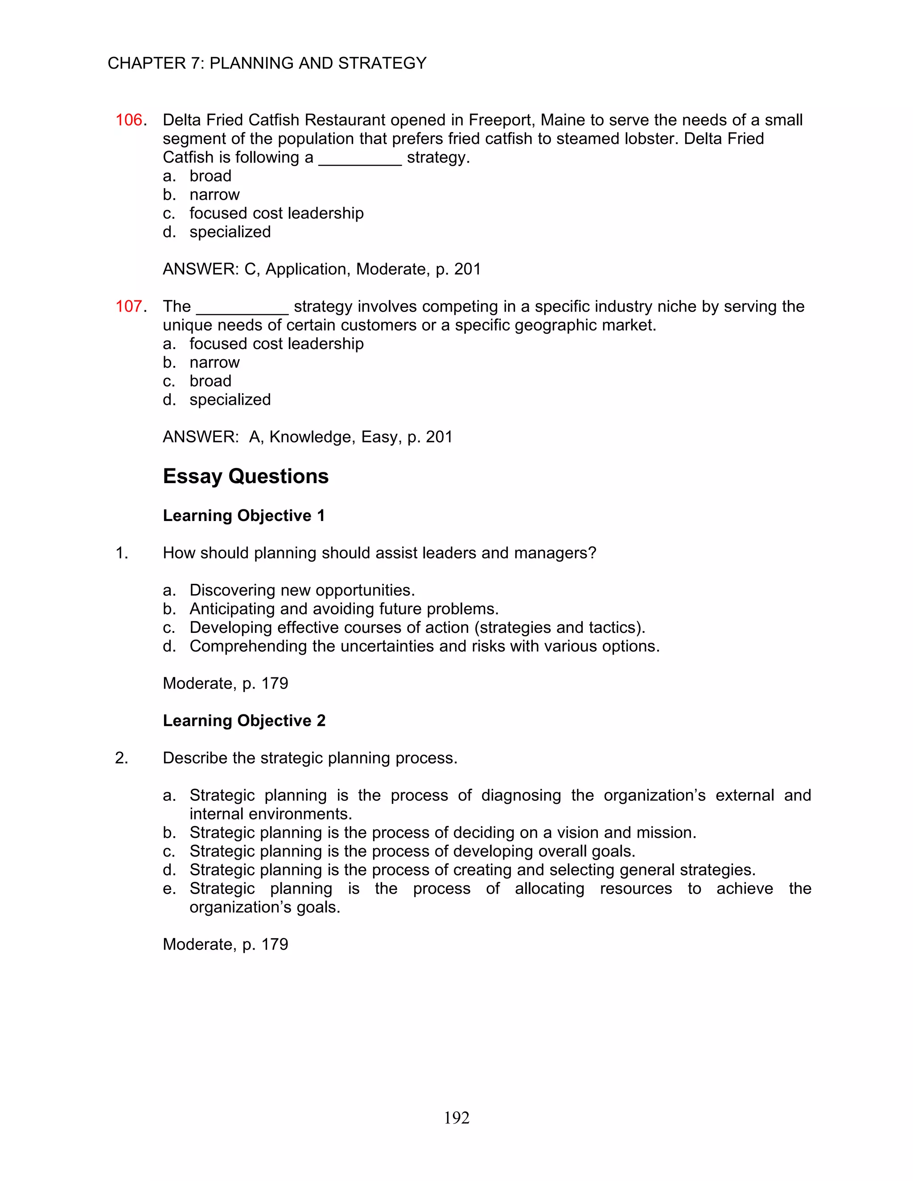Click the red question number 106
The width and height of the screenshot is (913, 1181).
[129, 120]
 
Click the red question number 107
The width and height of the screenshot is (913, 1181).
[129, 307]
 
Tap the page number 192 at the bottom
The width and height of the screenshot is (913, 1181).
[456, 1118]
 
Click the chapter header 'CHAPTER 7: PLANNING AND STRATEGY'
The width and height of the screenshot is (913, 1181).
[267, 63]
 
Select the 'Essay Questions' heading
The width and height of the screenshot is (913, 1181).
[246, 476]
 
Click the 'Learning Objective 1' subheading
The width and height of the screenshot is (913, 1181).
[243, 516]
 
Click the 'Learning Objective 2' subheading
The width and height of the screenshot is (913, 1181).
[244, 721]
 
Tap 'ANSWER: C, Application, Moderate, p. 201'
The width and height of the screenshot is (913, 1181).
[321, 269]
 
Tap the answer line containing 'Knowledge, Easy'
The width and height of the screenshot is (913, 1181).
[307, 437]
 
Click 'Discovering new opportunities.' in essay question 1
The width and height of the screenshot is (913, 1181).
[302, 590]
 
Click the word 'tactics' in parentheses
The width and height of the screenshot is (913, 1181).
[611, 628]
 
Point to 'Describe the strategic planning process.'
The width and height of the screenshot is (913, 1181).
[310, 758]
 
